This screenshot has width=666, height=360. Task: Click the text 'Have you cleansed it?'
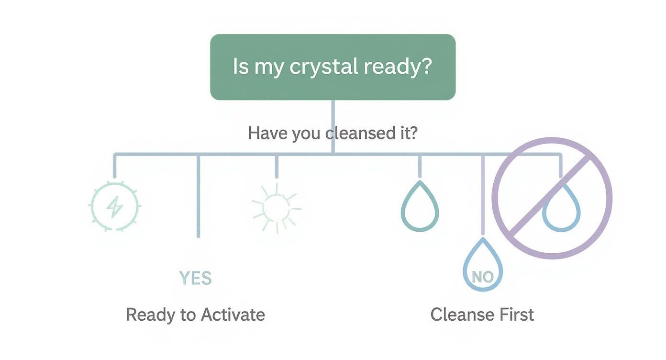pos(333,133)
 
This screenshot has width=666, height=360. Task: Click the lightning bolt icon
pos(115,207)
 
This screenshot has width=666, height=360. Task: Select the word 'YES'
pos(195,278)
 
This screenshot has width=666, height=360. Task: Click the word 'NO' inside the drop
pos(482,276)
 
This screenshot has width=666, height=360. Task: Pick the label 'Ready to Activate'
pos(195,315)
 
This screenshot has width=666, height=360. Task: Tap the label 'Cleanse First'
pos(482,315)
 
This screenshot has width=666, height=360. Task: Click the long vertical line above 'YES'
pos(198,196)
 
